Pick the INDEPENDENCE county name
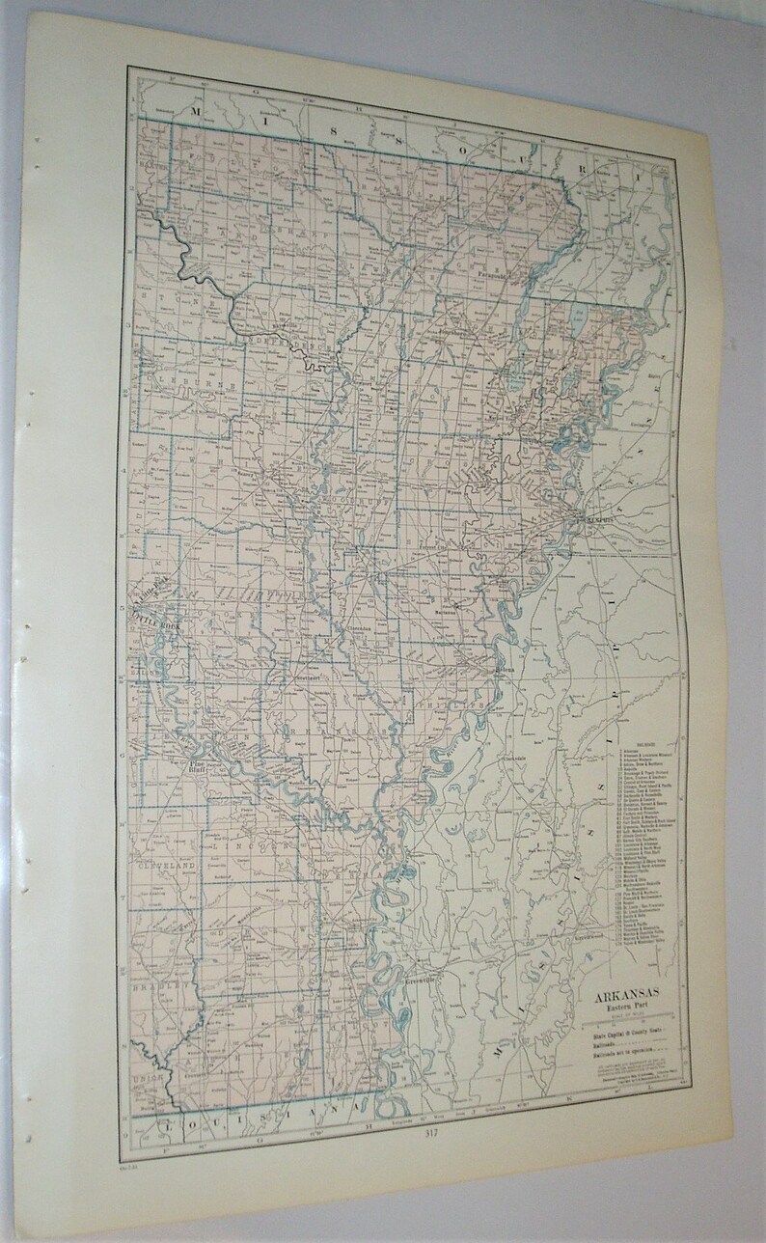286,344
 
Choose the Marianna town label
443,612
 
